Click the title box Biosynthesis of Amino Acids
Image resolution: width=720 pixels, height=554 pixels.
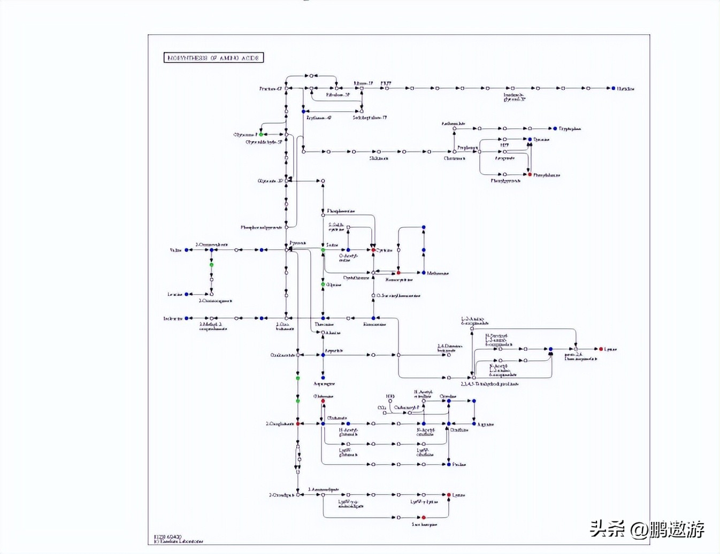pyautogui.click(x=213, y=58)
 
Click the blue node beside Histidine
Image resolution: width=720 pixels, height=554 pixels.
pyautogui.click(x=613, y=88)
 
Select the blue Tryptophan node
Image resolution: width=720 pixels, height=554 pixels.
pyautogui.click(x=555, y=128)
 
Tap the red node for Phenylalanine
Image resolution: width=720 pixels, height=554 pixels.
pyautogui.click(x=530, y=174)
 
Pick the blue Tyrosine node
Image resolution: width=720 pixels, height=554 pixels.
pyautogui.click(x=530, y=140)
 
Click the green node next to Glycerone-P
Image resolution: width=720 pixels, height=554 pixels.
pyautogui.click(x=261, y=134)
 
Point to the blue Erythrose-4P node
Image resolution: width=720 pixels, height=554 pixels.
pyautogui.click(x=303, y=111)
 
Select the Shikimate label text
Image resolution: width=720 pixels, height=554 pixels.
pyautogui.click(x=379, y=158)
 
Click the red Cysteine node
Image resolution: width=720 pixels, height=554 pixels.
pyautogui.click(x=373, y=250)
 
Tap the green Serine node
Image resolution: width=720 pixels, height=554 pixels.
pyautogui.click(x=323, y=250)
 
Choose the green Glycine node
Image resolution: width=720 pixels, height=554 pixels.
pyautogui.click(x=323, y=284)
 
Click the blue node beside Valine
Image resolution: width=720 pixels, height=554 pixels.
pyautogui.click(x=187, y=250)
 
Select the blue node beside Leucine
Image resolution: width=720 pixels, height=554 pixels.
pyautogui.click(x=187, y=294)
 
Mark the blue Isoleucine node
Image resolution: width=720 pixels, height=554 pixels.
pyautogui.click(x=187, y=318)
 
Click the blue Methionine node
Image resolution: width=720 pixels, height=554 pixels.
pyautogui.click(x=424, y=273)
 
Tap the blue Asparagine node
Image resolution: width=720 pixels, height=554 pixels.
pyautogui.click(x=323, y=378)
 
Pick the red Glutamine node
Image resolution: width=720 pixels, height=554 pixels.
pyautogui.click(x=323, y=401)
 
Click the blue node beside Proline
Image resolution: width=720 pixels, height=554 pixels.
pyautogui.click(x=449, y=464)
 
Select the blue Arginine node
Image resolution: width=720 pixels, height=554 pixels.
pyautogui.click(x=474, y=424)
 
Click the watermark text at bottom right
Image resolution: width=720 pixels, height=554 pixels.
pyautogui.click(x=647, y=529)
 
